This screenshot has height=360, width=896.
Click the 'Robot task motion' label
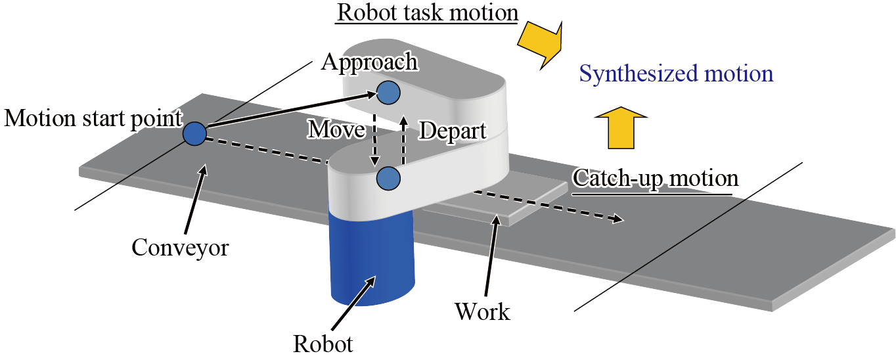(427, 12)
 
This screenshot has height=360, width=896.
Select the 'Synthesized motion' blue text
(675, 74)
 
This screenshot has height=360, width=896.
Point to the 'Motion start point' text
(92, 119)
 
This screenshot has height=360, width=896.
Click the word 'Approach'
(369, 62)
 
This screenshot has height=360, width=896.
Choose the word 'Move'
(336, 130)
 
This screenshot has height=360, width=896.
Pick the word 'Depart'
(452, 131)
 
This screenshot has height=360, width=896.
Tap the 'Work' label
(482, 311)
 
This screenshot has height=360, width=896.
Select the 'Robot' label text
(323, 344)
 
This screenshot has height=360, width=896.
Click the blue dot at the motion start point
(194, 133)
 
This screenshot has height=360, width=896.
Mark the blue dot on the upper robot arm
(388, 92)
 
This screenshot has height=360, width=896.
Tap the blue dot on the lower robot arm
(388, 177)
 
